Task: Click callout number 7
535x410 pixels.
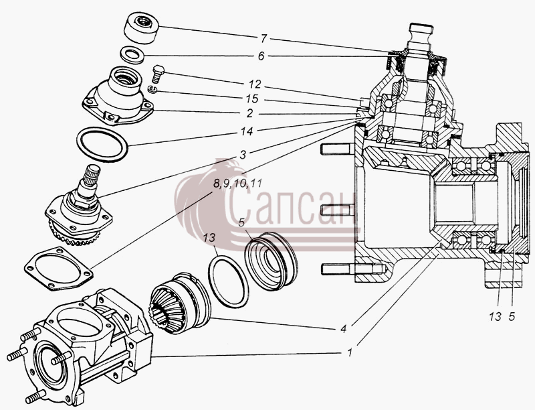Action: [263, 39]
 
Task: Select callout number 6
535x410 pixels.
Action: [261, 56]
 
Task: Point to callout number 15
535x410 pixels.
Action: [252, 99]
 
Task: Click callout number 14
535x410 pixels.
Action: [246, 131]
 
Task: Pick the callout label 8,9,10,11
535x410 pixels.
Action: [237, 184]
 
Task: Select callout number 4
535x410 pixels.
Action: [344, 329]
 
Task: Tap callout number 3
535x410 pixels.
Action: [242, 155]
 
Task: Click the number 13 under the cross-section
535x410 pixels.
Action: [495, 317]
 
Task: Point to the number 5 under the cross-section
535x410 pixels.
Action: [512, 317]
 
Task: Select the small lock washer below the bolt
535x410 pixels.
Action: [152, 90]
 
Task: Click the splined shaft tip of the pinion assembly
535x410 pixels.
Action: [92, 174]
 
